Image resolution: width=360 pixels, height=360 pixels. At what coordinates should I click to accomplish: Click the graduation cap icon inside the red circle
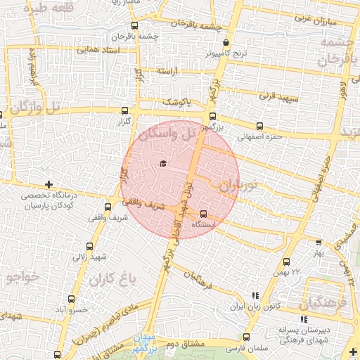coord(163,164)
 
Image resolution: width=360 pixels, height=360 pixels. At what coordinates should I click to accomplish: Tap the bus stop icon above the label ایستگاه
coord(203,214)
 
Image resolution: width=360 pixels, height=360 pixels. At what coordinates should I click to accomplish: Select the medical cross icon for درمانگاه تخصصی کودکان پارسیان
coord(48,184)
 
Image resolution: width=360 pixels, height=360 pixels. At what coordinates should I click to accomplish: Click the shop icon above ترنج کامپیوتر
coord(225,43)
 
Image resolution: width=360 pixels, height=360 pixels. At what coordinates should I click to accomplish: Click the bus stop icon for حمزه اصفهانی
coord(259,126)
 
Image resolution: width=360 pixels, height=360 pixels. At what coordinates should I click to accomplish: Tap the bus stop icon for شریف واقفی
coord(108,207)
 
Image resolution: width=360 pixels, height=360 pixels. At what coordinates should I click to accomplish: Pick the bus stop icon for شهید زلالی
coord(89,246)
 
